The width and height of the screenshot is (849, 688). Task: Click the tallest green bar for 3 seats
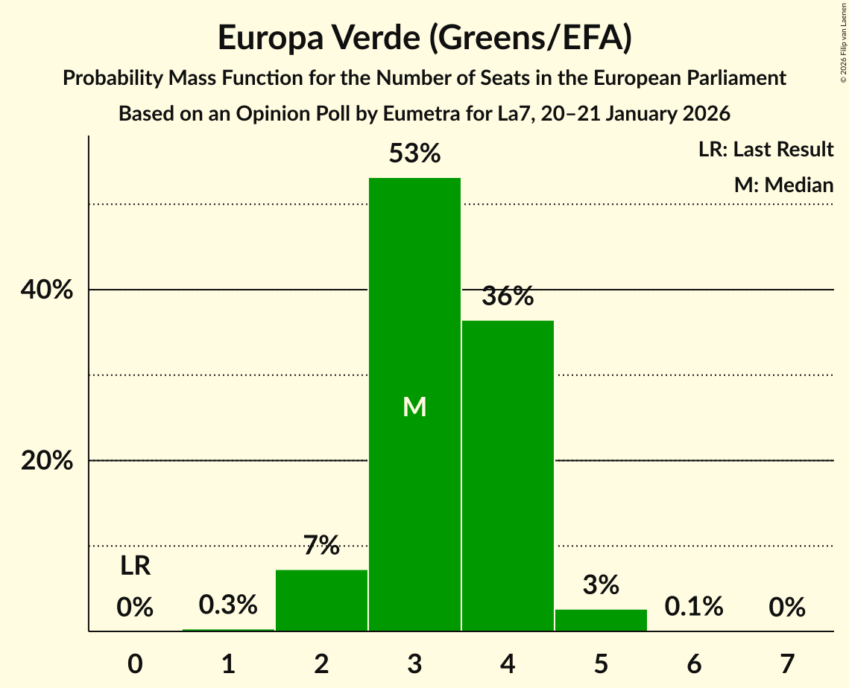point(414,298)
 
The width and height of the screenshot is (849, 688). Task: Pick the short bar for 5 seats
point(601,620)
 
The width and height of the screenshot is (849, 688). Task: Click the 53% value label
point(414,154)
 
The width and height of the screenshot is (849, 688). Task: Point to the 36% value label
point(508,296)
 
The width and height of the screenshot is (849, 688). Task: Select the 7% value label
point(321,546)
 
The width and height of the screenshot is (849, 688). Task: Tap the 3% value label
point(601,585)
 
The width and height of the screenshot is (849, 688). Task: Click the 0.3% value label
point(228,605)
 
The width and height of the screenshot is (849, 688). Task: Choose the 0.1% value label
point(694,607)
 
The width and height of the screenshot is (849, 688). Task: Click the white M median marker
point(414,407)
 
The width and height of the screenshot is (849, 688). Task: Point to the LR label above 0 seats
point(135,567)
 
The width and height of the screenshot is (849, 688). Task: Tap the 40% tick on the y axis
point(47,290)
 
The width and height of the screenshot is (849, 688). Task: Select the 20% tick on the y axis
point(47,461)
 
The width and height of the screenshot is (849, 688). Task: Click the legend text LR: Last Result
point(766,150)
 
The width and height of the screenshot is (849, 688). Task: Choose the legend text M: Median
point(783,185)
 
